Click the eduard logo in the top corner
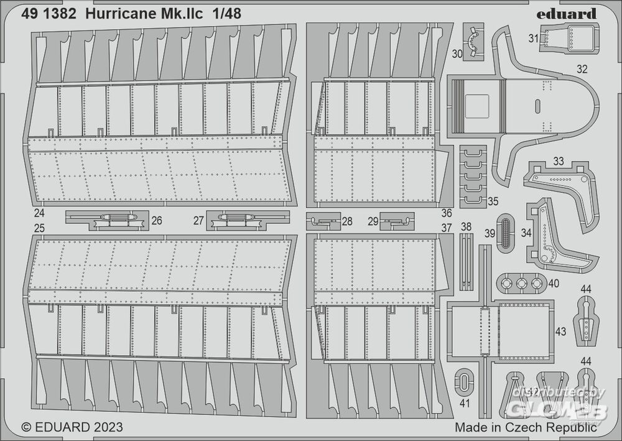click(567, 14)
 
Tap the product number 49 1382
click(49, 14)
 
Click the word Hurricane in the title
click(121, 14)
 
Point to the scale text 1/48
click(226, 14)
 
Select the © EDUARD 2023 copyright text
click(72, 427)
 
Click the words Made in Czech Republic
click(526, 427)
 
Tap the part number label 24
click(39, 213)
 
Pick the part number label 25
click(39, 228)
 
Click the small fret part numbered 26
click(107, 220)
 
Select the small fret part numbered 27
click(248, 220)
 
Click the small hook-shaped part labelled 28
click(323, 221)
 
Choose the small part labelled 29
click(397, 221)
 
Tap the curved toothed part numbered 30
click(473, 41)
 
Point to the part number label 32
click(582, 69)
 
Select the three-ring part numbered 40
click(521, 283)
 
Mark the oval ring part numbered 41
click(463, 381)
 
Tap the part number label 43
click(560, 331)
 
